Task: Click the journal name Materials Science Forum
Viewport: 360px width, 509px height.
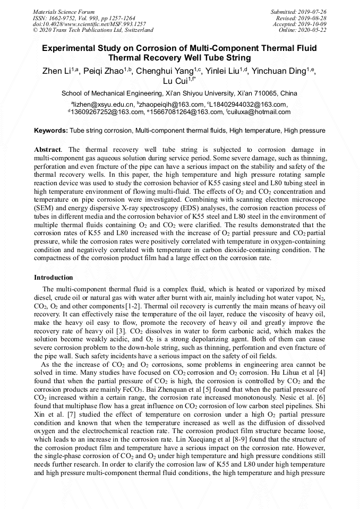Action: point(64,12)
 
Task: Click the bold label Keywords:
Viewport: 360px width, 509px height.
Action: point(51,130)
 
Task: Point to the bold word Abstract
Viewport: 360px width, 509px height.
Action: point(47,150)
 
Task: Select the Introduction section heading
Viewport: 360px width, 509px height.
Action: point(54,278)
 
